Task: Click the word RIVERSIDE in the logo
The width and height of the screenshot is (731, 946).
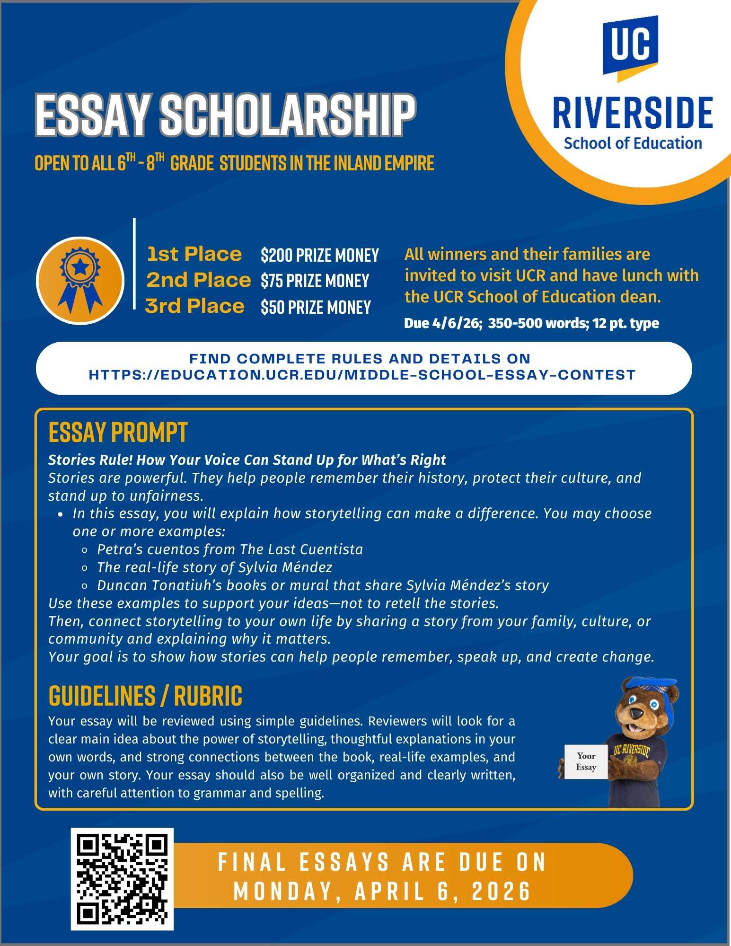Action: [633, 114]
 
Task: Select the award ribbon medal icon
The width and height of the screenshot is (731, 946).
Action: [80, 281]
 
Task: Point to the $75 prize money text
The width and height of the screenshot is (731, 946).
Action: [315, 281]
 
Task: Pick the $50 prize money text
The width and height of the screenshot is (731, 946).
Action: [316, 308]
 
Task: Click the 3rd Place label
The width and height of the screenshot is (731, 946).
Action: [194, 306]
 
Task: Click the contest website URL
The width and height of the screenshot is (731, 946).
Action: [362, 375]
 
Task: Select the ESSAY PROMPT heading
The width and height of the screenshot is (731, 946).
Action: [118, 432]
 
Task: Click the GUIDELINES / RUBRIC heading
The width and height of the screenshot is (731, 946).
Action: [145, 696]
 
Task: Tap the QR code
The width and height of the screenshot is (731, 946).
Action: [122, 879]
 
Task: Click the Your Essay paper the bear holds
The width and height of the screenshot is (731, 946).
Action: [586, 761]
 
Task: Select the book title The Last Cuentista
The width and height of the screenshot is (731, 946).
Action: [301, 549]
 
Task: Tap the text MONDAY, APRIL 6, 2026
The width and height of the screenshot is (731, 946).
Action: [382, 892]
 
